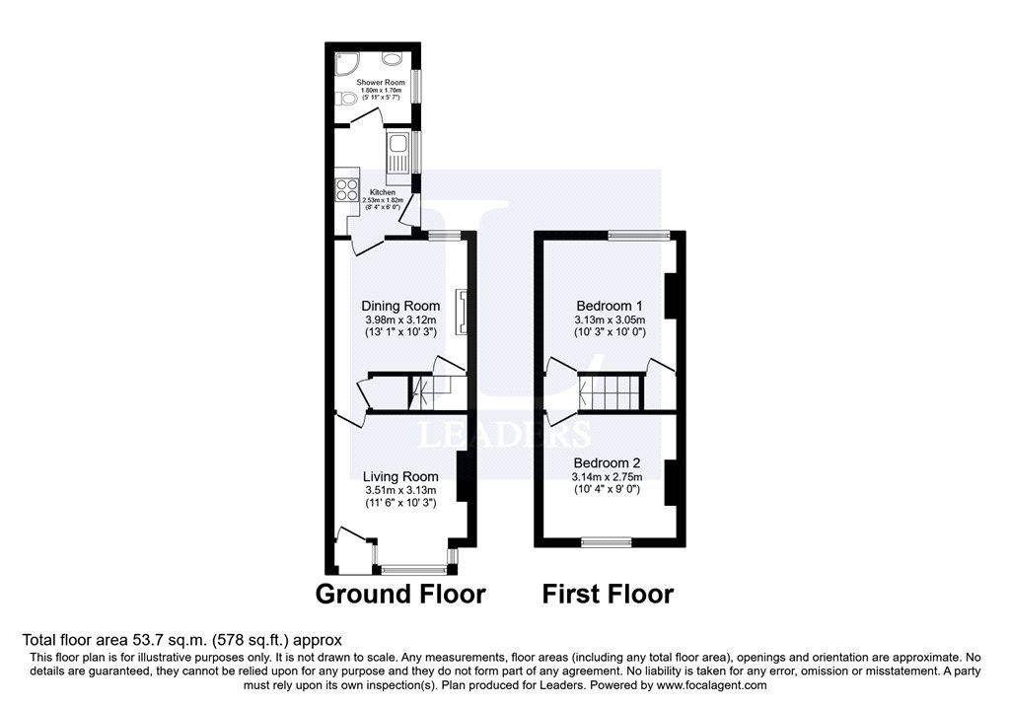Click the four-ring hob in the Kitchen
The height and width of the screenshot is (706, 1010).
[347, 186]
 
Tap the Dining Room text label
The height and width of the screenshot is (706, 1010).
[400, 306]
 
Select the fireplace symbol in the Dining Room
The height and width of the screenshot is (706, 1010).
[459, 311]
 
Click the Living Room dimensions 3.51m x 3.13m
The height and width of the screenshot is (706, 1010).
[400, 490]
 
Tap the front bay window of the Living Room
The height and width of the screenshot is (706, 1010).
[413, 569]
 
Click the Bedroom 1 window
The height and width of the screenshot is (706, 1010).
[639, 235]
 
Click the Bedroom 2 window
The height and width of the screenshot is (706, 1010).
[606, 541]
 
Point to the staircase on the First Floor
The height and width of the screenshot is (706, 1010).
[613, 391]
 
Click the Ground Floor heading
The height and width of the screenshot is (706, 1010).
[400, 594]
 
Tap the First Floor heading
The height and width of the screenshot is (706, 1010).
[608, 594]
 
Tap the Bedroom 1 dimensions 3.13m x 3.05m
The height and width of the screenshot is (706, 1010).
[610, 319]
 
